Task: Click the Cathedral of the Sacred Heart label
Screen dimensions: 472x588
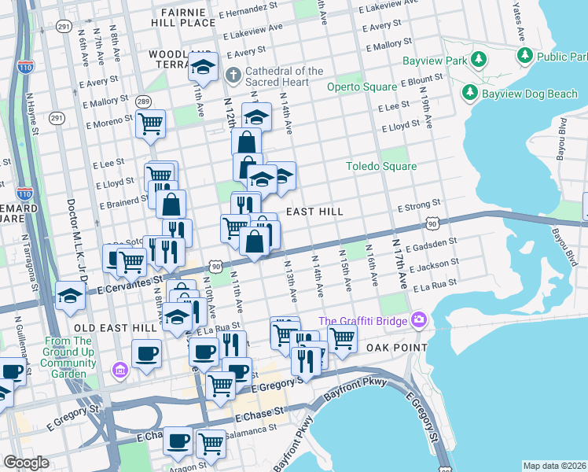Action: coord(283,76)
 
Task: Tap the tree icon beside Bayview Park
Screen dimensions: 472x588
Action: coord(477,61)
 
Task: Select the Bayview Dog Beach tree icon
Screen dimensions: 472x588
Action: coord(470,94)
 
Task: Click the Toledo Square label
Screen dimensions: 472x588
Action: coord(381,166)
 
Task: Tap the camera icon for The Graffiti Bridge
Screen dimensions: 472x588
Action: coord(418,320)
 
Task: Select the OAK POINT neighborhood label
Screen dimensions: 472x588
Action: coord(399,347)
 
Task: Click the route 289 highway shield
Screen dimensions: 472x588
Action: coord(143,101)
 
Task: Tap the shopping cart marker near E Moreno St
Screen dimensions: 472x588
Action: coord(150,124)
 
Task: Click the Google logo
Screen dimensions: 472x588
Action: coord(26,463)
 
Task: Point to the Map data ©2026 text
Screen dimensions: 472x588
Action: coord(554,466)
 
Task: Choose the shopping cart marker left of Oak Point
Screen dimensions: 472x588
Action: coord(341,338)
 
